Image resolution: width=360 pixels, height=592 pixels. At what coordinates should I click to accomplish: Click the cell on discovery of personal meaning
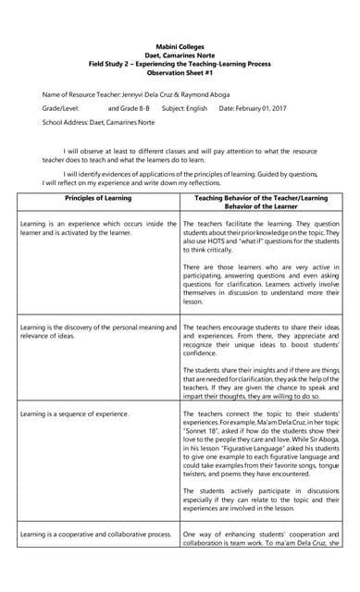pyautogui.click(x=98, y=331)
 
